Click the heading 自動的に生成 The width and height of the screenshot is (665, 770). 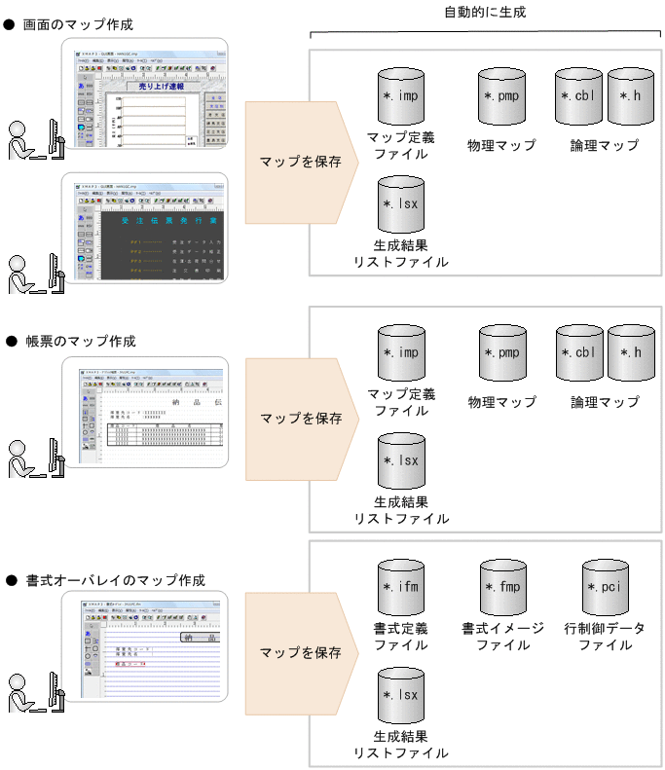pyautogui.click(x=482, y=13)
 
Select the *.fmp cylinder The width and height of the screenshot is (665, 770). pyautogui.click(x=502, y=588)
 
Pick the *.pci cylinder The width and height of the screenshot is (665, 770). pyautogui.click(x=605, y=588)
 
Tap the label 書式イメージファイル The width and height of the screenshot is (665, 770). pyautogui.click(x=502, y=637)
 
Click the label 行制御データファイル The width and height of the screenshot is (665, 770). pyautogui.click(x=605, y=637)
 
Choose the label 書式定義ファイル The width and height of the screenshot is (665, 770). pyautogui.click(x=401, y=637)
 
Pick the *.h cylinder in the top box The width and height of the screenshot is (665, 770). pyautogui.click(x=630, y=96)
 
